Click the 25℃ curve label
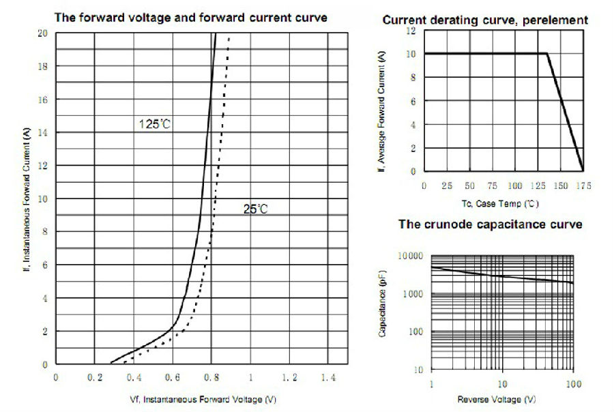click(255, 209)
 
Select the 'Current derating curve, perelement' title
click(485, 20)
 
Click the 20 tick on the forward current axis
click(42, 33)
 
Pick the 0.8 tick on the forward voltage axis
click(212, 377)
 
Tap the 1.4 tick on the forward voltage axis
click(328, 377)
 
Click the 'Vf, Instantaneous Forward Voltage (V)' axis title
click(203, 398)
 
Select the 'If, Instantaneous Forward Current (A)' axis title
click(27, 197)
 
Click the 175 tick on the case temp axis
click(583, 185)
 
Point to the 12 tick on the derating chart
click(411, 31)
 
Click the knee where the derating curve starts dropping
click(547, 54)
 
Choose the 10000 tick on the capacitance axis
click(410, 255)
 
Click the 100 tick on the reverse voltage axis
click(573, 385)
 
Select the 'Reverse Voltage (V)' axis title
click(496, 399)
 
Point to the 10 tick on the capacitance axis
click(418, 370)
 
